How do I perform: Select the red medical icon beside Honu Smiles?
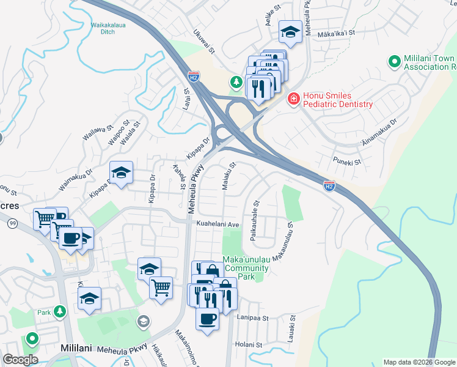click(294, 98)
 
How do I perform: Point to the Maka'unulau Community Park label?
click(245, 269)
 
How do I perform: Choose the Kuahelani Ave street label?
click(217, 224)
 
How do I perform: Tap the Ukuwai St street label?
click(203, 43)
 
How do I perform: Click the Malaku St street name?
click(228, 176)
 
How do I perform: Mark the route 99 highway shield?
click(12, 225)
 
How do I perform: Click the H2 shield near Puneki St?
click(329, 185)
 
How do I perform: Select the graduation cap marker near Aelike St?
click(290, 33)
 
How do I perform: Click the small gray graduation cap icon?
click(143, 321)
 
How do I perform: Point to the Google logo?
click(20, 360)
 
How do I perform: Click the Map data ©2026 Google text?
click(419, 362)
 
